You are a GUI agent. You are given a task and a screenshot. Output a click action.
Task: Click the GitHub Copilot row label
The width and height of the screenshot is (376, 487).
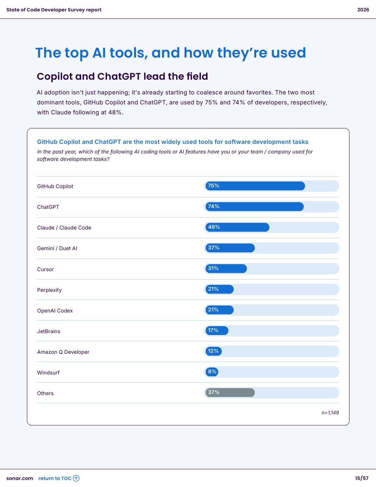click(x=55, y=186)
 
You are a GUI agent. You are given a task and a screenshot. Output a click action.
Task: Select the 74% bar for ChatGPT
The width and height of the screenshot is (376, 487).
click(x=254, y=207)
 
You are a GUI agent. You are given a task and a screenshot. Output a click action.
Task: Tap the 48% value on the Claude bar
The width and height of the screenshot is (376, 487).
click(x=214, y=227)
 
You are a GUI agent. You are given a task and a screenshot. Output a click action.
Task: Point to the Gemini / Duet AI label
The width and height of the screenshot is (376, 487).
click(x=57, y=248)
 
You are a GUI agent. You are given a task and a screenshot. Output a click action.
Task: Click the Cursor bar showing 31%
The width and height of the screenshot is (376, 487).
click(x=226, y=269)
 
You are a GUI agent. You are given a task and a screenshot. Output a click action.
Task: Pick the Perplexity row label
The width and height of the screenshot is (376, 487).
click(x=49, y=290)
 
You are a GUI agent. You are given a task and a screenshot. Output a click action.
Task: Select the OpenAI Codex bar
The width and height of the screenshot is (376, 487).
click(x=219, y=310)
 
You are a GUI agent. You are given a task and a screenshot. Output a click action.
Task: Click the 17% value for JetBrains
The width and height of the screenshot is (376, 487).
click(x=213, y=331)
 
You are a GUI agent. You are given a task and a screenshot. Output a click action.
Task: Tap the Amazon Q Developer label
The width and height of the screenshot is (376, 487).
click(x=63, y=352)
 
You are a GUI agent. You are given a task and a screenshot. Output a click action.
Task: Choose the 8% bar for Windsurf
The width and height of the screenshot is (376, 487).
click(x=212, y=372)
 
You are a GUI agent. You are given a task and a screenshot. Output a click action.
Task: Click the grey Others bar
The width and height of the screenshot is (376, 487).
click(x=230, y=393)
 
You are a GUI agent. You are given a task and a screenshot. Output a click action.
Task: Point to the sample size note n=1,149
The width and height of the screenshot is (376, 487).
click(x=330, y=413)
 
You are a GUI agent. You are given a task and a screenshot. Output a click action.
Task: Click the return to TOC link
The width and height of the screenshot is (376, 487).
click(x=55, y=479)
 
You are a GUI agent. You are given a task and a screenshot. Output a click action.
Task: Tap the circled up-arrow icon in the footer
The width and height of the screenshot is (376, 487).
click(x=76, y=479)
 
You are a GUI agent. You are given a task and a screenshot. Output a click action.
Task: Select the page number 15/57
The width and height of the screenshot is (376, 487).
click(x=362, y=479)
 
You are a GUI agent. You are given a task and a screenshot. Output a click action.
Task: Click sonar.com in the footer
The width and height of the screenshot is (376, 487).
click(x=20, y=479)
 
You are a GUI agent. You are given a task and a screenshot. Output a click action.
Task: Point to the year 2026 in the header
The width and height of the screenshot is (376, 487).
click(x=363, y=10)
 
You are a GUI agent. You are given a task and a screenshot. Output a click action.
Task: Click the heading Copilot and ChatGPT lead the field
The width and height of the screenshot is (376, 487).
click(x=122, y=76)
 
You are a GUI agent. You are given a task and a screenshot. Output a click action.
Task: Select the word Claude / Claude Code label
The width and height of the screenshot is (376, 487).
click(x=64, y=228)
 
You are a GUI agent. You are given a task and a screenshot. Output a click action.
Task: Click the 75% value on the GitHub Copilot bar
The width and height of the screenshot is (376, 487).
click(x=213, y=186)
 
